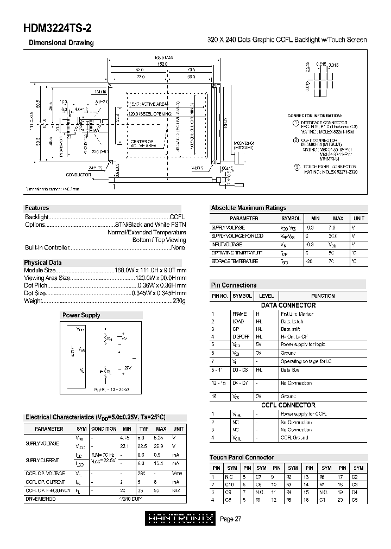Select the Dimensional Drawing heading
point(61,43)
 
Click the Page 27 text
point(230,519)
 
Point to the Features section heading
point(37,208)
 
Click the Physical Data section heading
point(43,263)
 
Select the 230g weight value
point(179,301)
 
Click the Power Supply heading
point(81,315)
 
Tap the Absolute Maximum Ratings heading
point(248,208)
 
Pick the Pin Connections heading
point(234,285)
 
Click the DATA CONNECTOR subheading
point(288,305)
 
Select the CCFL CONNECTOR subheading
point(288,405)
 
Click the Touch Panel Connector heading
point(242,457)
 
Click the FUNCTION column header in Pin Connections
point(323,296)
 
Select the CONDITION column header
point(103,429)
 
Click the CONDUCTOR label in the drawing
point(79,175)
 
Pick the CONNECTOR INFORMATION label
point(314,116)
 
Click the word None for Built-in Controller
point(178,247)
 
